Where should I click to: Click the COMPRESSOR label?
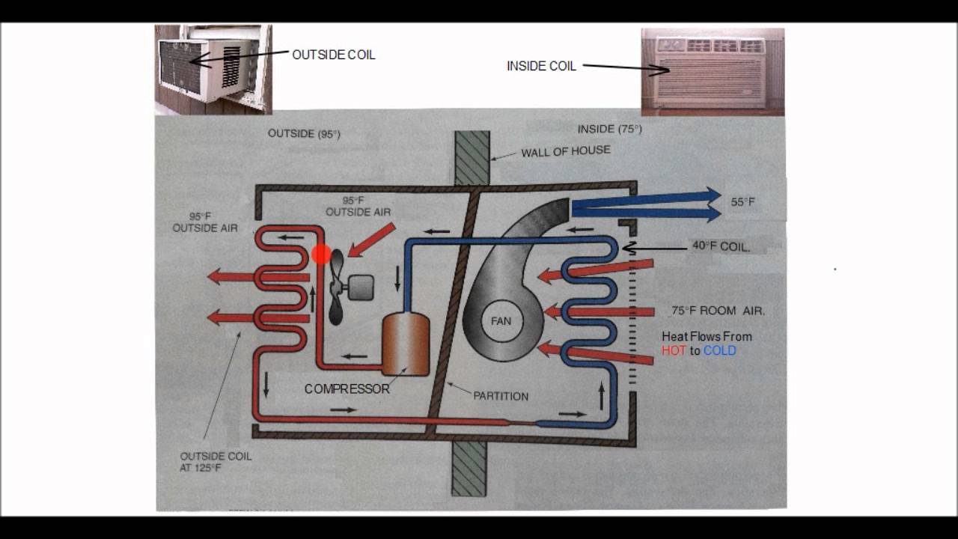coord(347,389)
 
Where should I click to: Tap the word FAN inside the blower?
coord(501,321)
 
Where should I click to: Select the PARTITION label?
coord(501,396)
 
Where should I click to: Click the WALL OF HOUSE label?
coord(566,151)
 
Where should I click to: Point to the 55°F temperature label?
coord(743,202)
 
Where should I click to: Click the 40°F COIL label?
coord(721,246)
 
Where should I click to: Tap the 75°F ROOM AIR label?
coord(718,311)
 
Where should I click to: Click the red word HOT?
coord(674,350)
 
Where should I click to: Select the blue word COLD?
coord(719,350)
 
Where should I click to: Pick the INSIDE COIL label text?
coord(541,66)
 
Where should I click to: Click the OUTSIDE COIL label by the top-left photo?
coord(333,55)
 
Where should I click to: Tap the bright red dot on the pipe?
coord(321,255)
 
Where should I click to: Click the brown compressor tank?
coord(405,344)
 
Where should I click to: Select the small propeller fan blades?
coord(336,287)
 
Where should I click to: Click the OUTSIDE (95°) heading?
coord(304,134)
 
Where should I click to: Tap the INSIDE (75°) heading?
coord(609,129)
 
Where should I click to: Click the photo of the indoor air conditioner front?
coord(712,72)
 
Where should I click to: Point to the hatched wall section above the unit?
coord(472,158)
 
